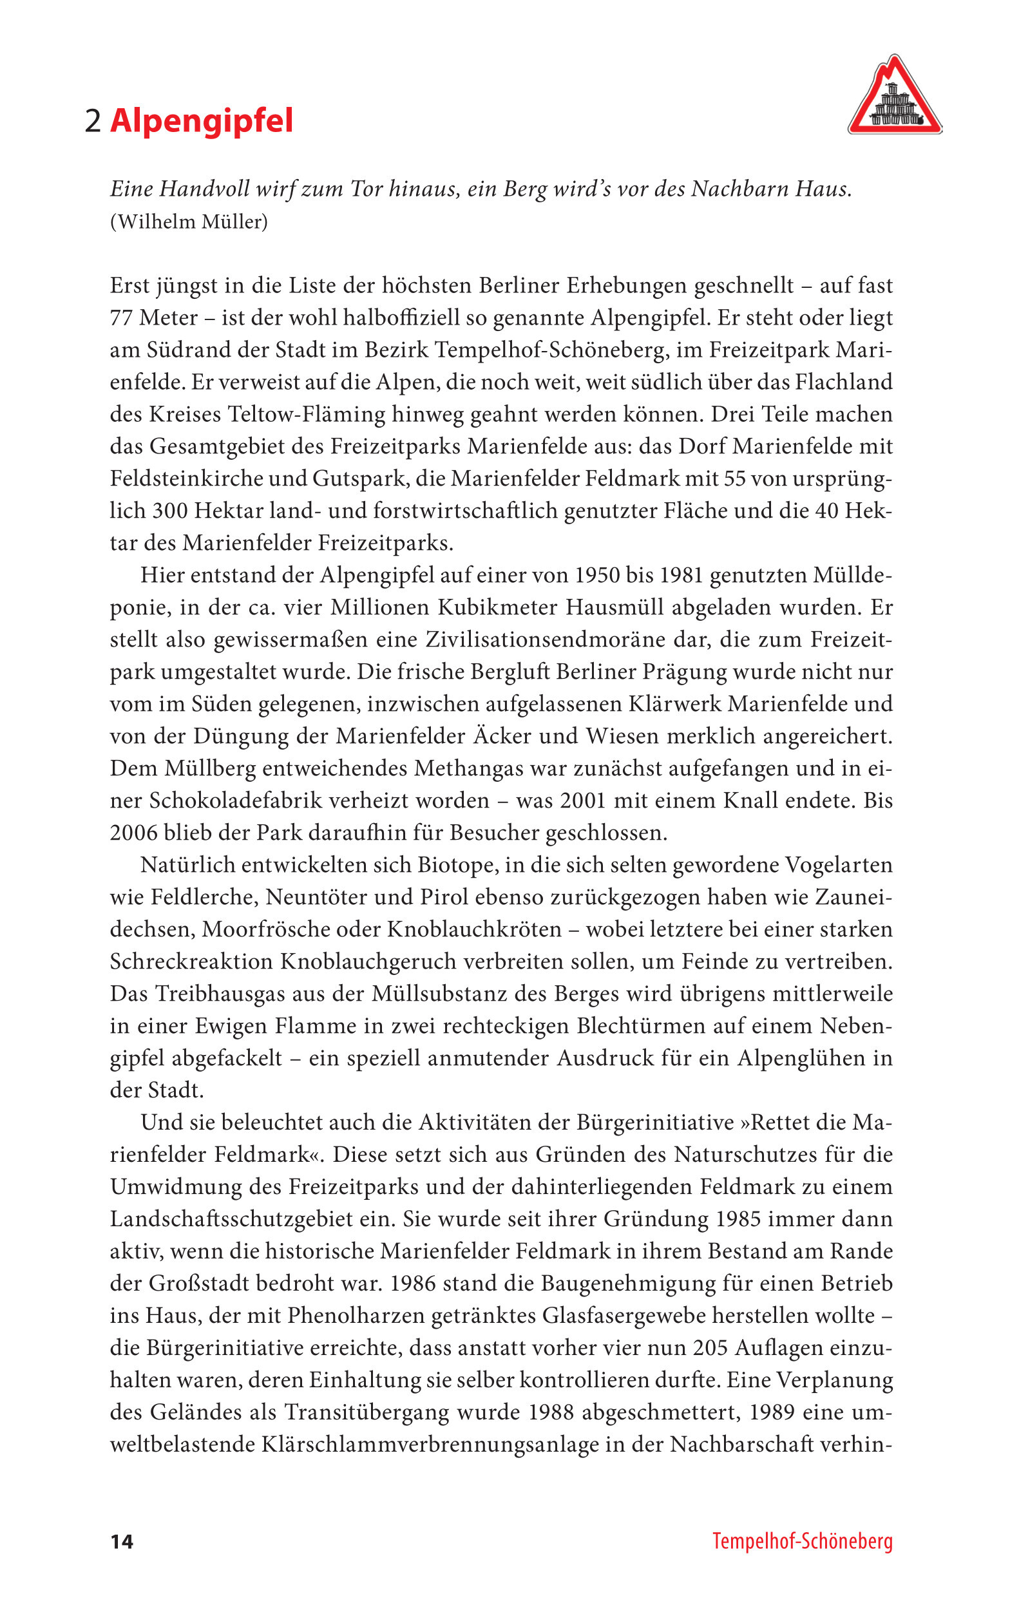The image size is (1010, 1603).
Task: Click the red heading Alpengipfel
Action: tap(201, 121)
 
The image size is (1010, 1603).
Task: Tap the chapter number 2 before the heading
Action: tap(93, 122)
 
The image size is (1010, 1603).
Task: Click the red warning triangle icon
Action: tap(894, 97)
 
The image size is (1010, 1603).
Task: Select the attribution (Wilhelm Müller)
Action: tap(189, 222)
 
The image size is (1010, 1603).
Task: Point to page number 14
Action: tap(122, 1542)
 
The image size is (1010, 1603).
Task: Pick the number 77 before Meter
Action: tap(121, 318)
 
